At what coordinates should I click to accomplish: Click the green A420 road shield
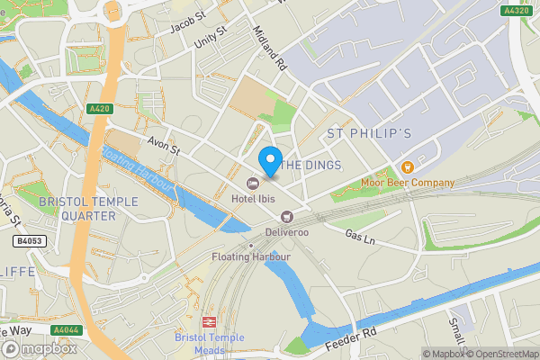99,109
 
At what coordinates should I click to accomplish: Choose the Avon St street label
165,144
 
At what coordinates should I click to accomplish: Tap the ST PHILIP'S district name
369,133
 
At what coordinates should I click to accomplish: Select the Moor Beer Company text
408,183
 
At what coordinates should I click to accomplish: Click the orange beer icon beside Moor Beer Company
407,166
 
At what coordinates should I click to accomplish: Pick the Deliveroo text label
286,231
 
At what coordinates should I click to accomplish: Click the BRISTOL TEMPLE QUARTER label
77,208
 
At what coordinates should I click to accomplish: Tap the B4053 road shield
30,241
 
